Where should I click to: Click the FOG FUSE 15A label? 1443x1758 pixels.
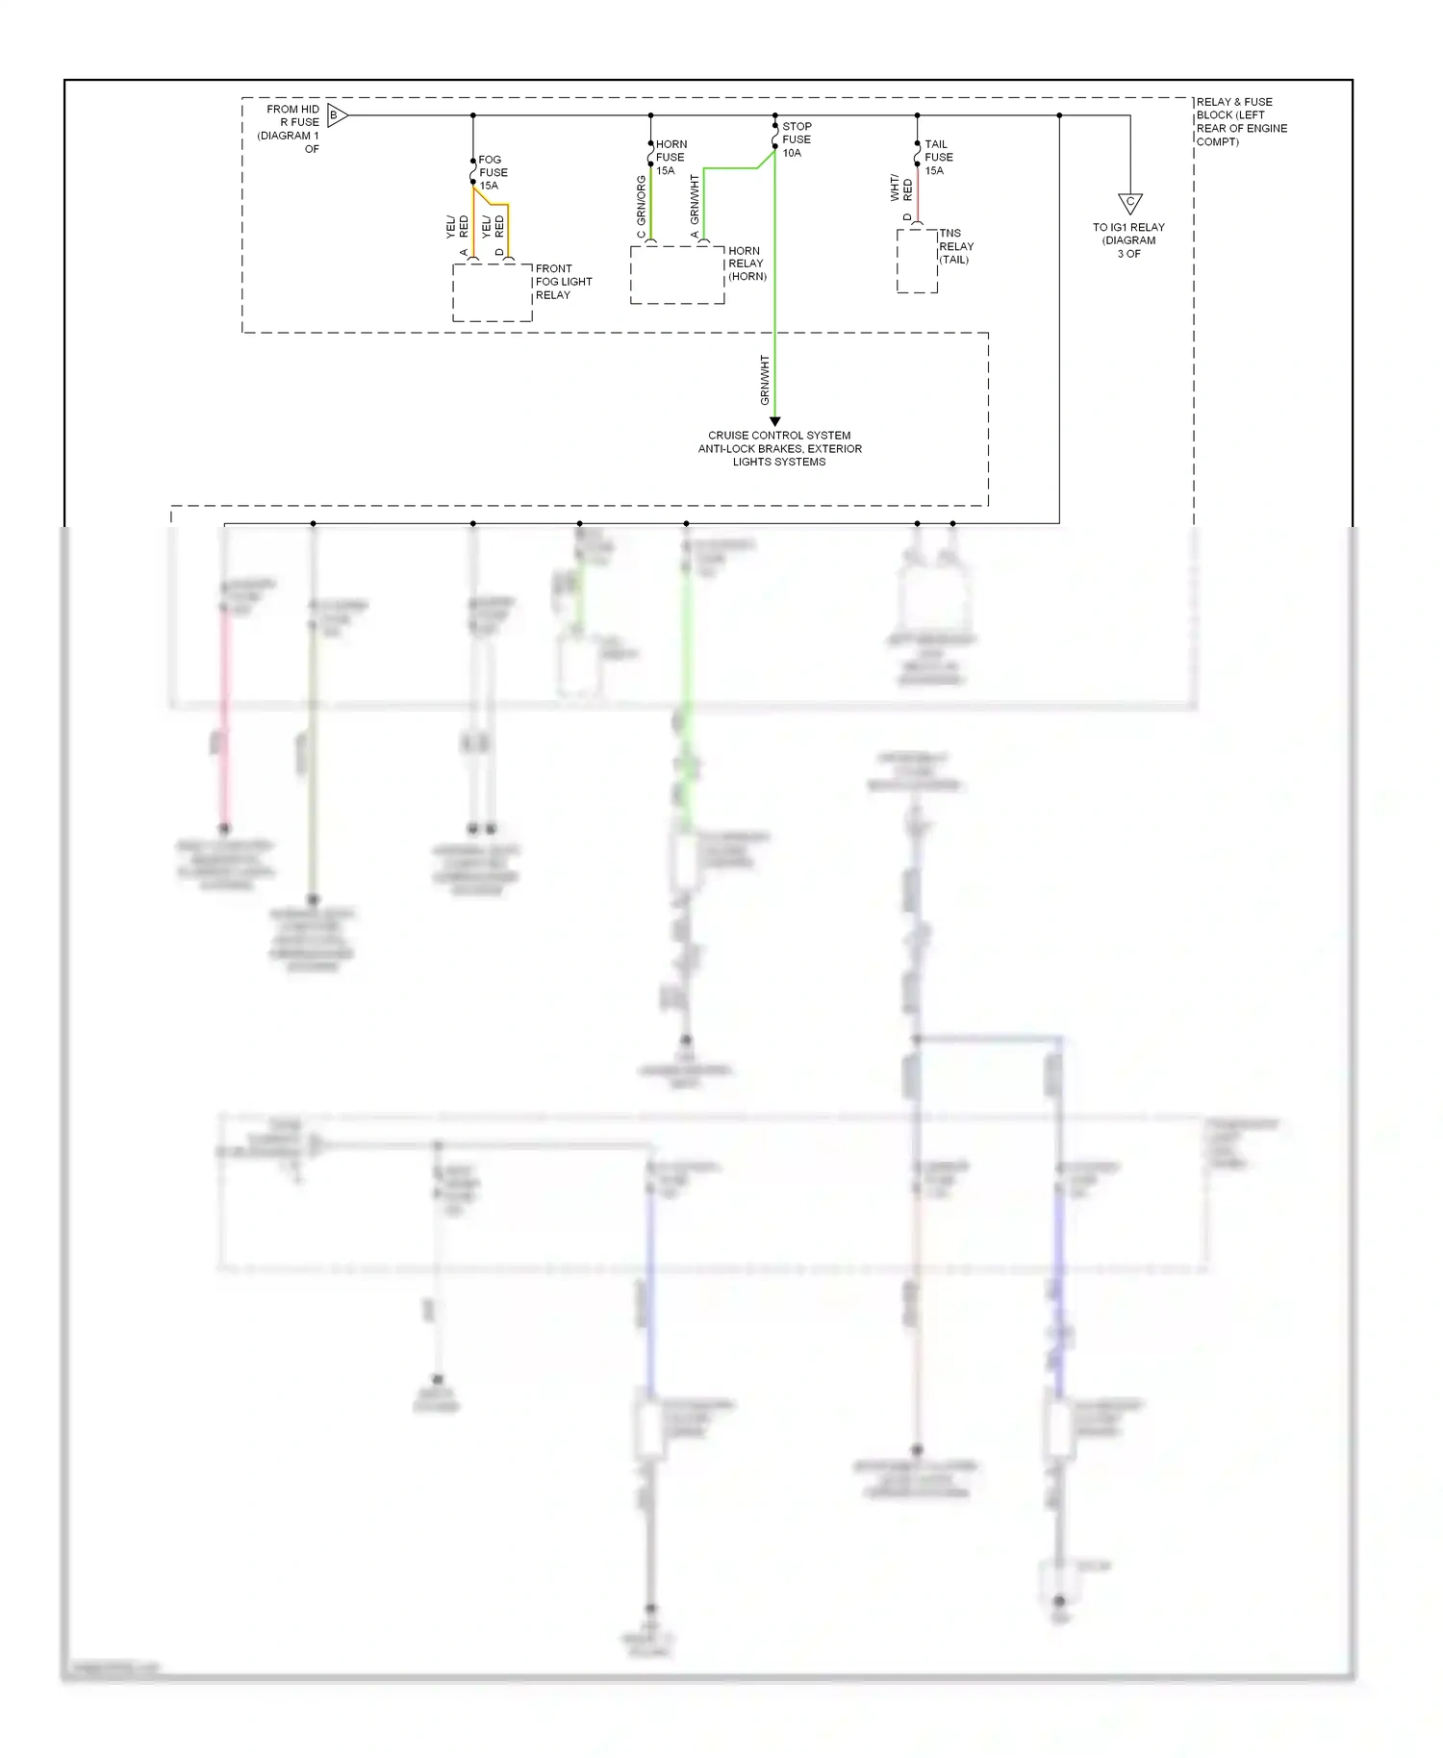coord(493,173)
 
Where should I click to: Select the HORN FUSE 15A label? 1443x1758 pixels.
coord(671,158)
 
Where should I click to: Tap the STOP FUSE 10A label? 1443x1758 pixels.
coord(797,139)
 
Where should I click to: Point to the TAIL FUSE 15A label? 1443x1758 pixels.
coord(938,158)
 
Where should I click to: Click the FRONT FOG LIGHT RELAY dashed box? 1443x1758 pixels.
coord(492,292)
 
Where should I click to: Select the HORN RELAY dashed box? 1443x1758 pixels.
coord(676,275)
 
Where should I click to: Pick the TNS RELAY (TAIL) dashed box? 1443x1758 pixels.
coord(917,261)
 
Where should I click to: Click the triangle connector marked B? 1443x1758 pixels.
coord(336,115)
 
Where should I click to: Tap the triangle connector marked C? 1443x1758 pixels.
coord(1129,203)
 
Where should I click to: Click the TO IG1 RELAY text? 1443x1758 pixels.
coord(1128,240)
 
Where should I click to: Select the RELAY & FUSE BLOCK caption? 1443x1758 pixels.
coord(1241,121)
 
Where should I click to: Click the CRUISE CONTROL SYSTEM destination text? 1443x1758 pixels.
coord(779,448)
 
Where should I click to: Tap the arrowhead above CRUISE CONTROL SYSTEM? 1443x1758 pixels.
coord(774,421)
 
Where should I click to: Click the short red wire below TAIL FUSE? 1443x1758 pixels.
coord(917,196)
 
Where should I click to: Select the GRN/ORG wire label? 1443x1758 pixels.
coord(642,201)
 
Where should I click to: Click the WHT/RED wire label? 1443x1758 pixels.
coord(900,187)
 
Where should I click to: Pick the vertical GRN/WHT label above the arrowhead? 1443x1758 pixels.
coord(766,380)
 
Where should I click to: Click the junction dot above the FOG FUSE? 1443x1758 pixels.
coord(472,115)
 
